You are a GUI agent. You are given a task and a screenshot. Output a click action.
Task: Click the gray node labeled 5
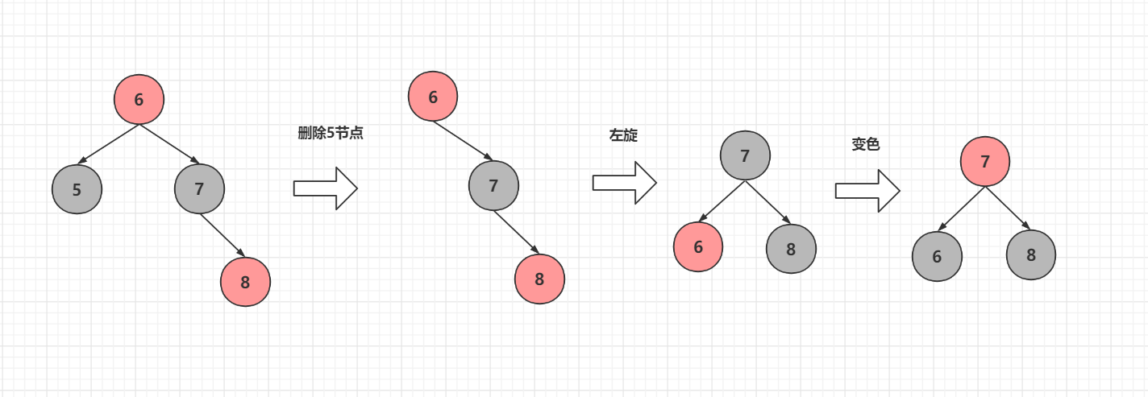click(x=77, y=189)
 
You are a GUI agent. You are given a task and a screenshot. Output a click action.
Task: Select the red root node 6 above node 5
click(x=139, y=99)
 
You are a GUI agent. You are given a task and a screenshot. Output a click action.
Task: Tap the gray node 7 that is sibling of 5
click(x=199, y=188)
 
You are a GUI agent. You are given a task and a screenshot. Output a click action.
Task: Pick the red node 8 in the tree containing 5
click(x=245, y=282)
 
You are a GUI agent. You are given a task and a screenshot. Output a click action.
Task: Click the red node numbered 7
click(x=984, y=161)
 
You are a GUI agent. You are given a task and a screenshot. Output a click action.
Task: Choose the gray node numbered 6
click(x=937, y=256)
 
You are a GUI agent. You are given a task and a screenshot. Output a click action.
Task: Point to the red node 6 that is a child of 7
click(x=698, y=246)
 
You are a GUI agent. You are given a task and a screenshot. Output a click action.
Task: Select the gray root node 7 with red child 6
click(x=745, y=155)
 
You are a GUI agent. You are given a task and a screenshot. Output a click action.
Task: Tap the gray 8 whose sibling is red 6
click(x=791, y=249)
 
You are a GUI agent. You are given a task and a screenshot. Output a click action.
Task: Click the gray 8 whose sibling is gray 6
click(x=1030, y=255)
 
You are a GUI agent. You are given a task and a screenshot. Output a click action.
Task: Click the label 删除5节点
click(x=331, y=134)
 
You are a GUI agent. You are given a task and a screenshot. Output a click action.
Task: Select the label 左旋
click(x=623, y=135)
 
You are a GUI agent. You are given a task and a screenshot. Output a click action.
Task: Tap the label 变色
click(x=865, y=145)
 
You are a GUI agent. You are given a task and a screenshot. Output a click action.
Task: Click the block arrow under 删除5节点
click(x=325, y=188)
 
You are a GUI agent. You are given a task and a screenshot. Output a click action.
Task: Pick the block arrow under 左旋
click(x=625, y=182)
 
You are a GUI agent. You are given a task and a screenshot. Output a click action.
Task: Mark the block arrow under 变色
click(x=867, y=190)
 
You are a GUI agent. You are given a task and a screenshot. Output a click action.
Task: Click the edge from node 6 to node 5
click(x=108, y=144)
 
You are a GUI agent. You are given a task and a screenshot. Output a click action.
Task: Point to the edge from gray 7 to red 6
click(x=722, y=201)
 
